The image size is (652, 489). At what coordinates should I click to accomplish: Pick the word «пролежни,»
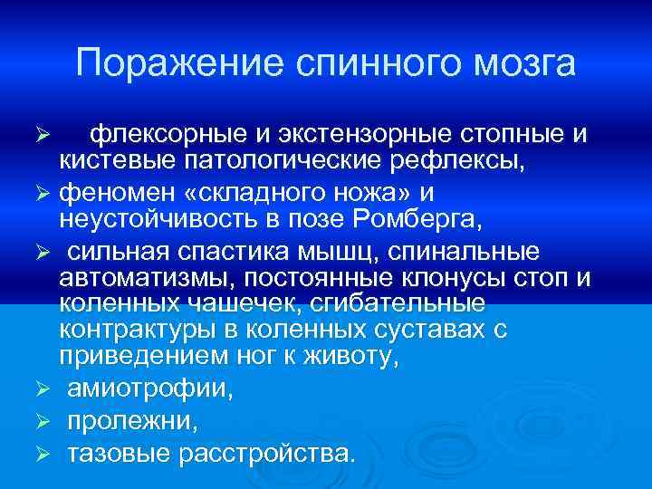click(x=132, y=422)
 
